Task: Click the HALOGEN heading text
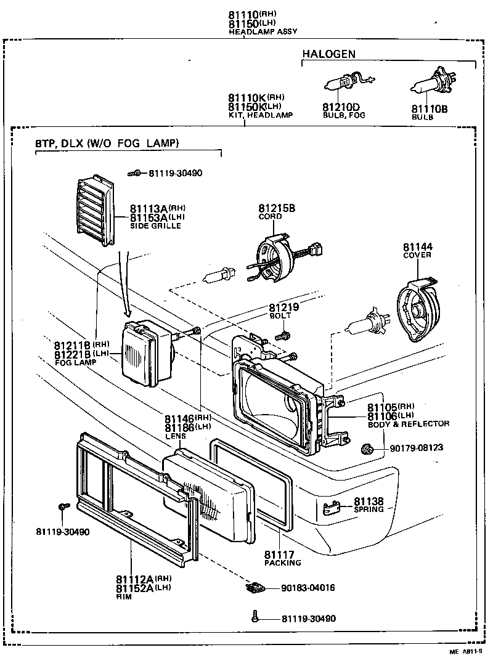328,54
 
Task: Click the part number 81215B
277,208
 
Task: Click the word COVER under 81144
417,255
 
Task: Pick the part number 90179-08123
416,447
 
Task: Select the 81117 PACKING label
282,558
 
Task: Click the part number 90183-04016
308,588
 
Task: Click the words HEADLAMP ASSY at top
254,32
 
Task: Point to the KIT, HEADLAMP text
260,115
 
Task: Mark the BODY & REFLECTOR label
408,424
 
